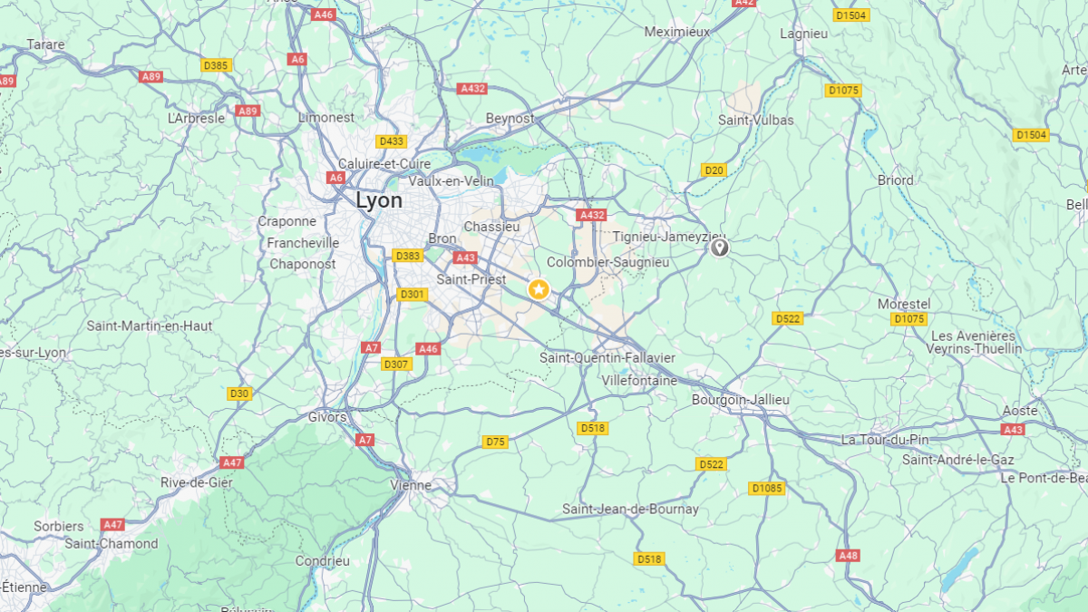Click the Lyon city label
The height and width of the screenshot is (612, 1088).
pyautogui.click(x=378, y=200)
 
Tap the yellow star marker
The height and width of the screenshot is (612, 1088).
pyautogui.click(x=539, y=289)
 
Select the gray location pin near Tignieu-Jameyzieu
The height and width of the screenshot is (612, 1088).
pyautogui.click(x=719, y=247)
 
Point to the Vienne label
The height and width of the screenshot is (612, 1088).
pyautogui.click(x=411, y=485)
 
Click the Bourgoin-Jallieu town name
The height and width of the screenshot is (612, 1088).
pyautogui.click(x=740, y=400)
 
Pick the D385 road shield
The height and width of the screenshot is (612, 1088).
pyautogui.click(x=217, y=65)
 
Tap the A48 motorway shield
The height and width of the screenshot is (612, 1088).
pyautogui.click(x=848, y=555)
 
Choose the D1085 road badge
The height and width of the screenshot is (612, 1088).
pyautogui.click(x=767, y=489)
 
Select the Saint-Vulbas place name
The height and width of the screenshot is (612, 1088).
pyautogui.click(x=755, y=120)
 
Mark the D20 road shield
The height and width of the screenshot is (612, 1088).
pyautogui.click(x=714, y=170)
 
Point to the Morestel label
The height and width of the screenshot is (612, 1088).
pyautogui.click(x=904, y=304)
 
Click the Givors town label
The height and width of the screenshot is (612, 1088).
pyautogui.click(x=327, y=417)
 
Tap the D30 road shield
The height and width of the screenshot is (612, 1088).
pyautogui.click(x=238, y=393)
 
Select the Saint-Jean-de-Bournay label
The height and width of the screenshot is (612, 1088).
pyautogui.click(x=630, y=509)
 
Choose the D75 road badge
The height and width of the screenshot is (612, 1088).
pyautogui.click(x=495, y=442)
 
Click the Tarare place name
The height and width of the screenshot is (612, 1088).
pyautogui.click(x=45, y=44)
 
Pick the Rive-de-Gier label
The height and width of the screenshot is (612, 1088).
pyautogui.click(x=197, y=482)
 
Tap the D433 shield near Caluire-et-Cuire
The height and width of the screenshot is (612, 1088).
pyautogui.click(x=392, y=141)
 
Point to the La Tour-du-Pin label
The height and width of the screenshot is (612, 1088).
pyautogui.click(x=885, y=440)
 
